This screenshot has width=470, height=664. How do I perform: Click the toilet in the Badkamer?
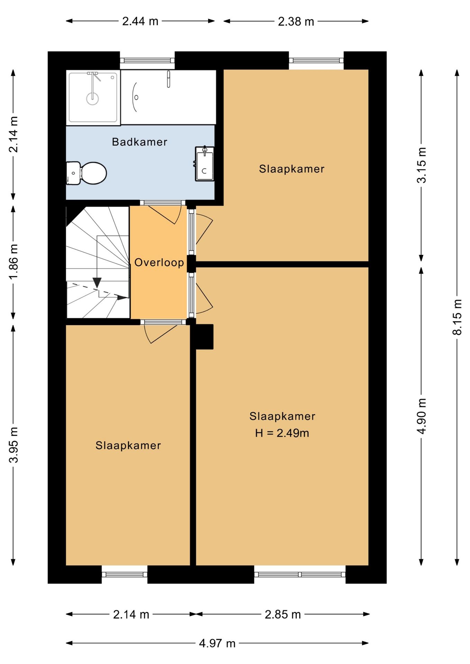coord(88,173)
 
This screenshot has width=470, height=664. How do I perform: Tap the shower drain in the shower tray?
coord(92,99)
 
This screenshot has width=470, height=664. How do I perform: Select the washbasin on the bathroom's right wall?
coord(205,164)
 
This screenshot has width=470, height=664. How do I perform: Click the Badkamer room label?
coord(139,142)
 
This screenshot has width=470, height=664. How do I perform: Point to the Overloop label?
coord(159,262)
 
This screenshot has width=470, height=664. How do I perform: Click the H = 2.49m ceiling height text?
coord(282,433)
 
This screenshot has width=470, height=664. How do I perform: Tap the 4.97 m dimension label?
coord(217,644)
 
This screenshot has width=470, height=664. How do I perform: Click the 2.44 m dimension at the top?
coord(140,21)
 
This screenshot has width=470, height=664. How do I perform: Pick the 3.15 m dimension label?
coord(422,165)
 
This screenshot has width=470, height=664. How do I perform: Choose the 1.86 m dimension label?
coord(13,261)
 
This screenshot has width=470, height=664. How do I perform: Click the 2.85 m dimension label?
coord(282,615)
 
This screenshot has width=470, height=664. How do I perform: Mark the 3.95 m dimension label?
coord(13,445)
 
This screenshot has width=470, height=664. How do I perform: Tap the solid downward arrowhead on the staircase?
coord(97,283)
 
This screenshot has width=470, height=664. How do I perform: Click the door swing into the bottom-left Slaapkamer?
coord(161,334)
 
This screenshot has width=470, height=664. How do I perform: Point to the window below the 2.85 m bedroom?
coord(300,574)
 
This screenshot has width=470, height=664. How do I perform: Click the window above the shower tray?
coord(147,61)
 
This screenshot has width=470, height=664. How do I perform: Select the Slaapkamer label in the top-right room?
coord(291,169)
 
